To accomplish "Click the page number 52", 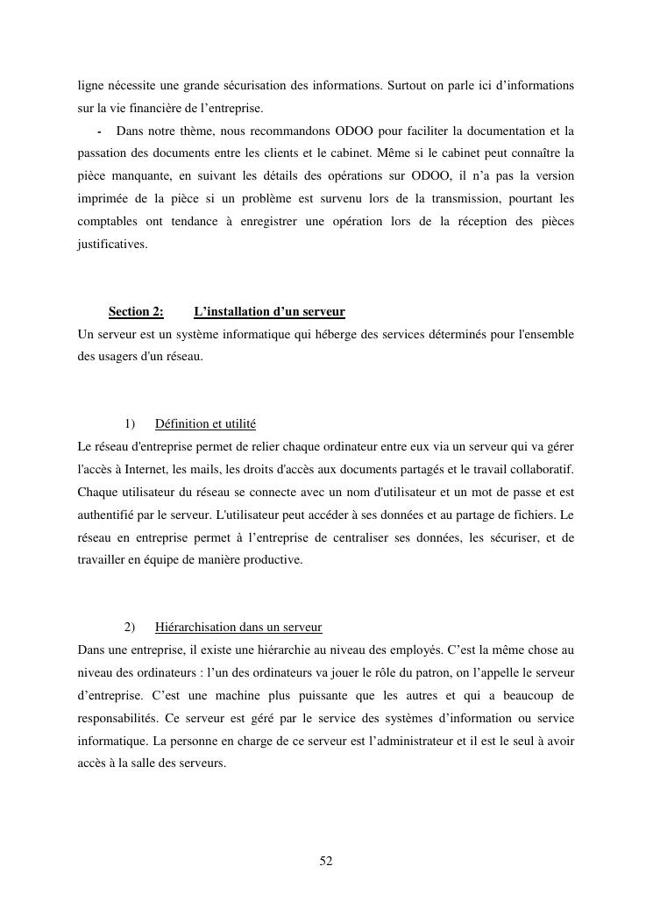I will pos(326,862).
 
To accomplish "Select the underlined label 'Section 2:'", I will pos(136,312).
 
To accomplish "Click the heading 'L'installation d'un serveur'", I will pos(269,312).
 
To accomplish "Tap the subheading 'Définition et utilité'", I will pos(205,424).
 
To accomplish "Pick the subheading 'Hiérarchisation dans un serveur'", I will pos(238,628).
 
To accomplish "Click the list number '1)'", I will pos(130,424).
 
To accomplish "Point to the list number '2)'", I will pos(130,628).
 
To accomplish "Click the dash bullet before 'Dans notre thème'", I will pos(101,131).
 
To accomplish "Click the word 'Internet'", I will pos(138,470).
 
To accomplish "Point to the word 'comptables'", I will pos(106,222).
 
